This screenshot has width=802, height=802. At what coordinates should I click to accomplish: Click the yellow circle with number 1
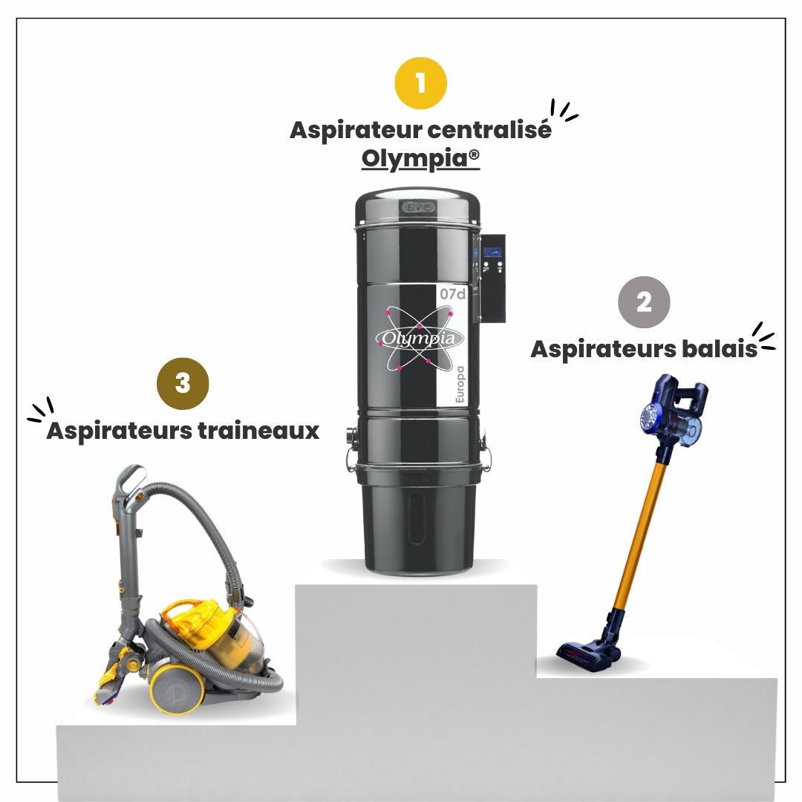(421, 83)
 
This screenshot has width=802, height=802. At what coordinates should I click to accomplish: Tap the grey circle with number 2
(644, 302)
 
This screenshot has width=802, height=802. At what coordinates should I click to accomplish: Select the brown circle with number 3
(183, 384)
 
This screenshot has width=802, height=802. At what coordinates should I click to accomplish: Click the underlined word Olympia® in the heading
(420, 159)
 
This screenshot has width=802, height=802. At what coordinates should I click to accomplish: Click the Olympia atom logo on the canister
(419, 338)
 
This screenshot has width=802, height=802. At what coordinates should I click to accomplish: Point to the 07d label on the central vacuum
(453, 294)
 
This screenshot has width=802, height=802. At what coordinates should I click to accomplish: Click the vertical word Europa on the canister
(460, 385)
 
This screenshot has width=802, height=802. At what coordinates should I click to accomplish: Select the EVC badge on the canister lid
(419, 207)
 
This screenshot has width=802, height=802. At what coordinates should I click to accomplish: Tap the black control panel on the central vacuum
(492, 278)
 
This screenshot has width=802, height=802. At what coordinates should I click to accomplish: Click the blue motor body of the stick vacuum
(672, 411)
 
